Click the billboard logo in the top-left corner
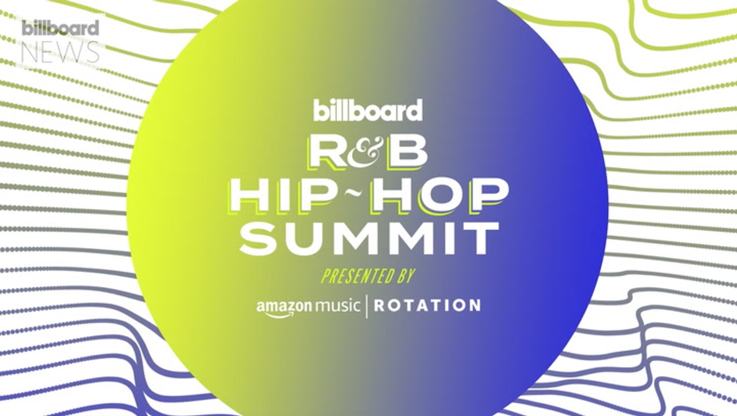pos(61,28)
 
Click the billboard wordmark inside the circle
pos(368,110)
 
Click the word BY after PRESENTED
pos(403,276)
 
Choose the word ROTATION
pos(427,304)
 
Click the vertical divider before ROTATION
pos(366,304)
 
